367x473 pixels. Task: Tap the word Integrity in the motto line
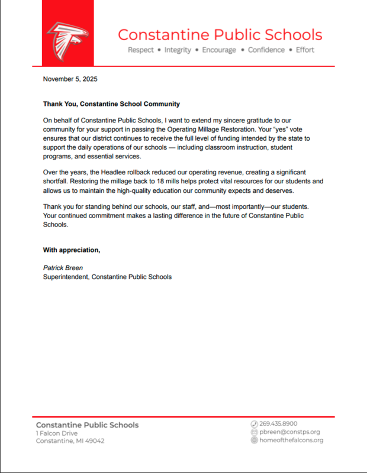[178, 50]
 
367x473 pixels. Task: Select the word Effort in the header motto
[305, 50]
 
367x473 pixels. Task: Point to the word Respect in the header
[141, 50]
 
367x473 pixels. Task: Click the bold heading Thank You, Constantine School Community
[111, 104]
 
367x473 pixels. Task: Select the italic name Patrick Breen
[63, 268]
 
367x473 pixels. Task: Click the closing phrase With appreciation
[72, 250]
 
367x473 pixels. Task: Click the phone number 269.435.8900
[278, 424]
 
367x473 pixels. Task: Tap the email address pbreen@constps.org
[289, 432]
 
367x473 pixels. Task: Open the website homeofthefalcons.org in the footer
[291, 440]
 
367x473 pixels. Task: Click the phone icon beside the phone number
[255, 424]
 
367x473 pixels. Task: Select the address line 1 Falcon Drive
[57, 433]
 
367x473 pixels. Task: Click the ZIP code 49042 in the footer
[94, 441]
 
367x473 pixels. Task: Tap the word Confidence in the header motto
[266, 50]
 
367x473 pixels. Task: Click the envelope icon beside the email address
[255, 432]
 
